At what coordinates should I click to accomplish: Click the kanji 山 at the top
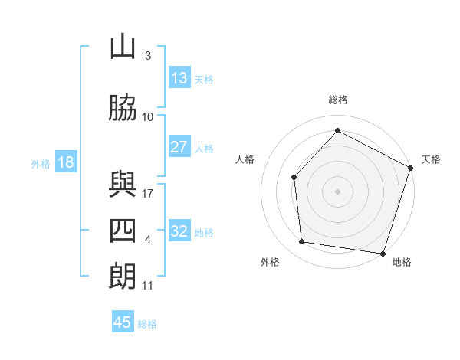click(123, 47)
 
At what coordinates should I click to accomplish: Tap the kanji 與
click(123, 185)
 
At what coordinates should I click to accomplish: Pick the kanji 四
click(123, 231)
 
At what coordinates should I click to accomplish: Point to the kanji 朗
click(123, 277)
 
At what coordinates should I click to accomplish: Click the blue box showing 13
click(179, 78)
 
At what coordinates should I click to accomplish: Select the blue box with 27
click(179, 147)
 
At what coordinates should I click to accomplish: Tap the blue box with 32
click(179, 231)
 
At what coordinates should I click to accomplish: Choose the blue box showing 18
click(65, 162)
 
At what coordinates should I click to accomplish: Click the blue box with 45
click(123, 322)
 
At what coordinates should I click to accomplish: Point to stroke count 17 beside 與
click(148, 194)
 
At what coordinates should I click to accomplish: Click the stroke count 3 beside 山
click(148, 56)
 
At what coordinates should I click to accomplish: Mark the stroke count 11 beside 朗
click(148, 286)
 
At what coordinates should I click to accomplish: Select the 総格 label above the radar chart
click(338, 100)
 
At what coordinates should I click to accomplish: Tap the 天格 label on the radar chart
click(431, 159)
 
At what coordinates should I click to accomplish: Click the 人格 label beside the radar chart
click(245, 159)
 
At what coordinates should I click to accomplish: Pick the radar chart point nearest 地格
click(383, 253)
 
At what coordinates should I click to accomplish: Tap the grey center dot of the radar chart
click(337, 190)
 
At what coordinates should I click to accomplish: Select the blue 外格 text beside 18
click(41, 163)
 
